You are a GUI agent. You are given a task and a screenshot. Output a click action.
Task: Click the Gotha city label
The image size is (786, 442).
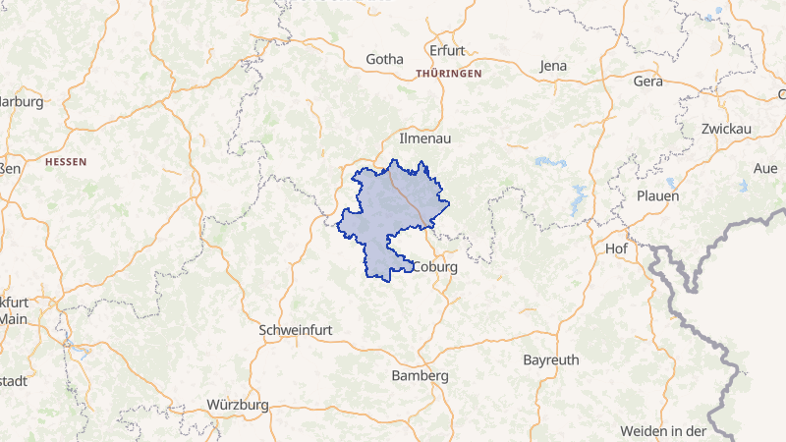point(384,59)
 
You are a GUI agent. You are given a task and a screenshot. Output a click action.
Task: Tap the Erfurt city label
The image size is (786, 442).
point(447,50)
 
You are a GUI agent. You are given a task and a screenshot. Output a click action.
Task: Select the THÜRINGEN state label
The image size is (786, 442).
point(448,74)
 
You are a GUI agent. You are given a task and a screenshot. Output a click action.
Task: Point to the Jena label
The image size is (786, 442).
point(554,66)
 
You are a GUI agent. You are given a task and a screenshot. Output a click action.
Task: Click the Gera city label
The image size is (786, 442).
point(648,81)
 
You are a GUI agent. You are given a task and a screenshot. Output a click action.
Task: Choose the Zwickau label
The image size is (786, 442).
point(726,129)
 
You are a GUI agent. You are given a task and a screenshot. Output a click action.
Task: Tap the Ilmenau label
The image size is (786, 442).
point(424,138)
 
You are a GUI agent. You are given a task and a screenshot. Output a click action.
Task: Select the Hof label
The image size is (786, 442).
point(617,248)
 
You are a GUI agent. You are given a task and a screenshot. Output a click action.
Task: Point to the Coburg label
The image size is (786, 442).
point(436,266)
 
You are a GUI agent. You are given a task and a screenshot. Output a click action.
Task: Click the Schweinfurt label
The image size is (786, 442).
point(295,330)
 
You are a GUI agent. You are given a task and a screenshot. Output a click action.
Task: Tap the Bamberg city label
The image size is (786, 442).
point(420,375)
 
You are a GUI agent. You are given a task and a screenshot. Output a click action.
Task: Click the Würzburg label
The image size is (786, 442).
point(238,404)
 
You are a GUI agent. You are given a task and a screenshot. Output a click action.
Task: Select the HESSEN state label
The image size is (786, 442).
point(66,161)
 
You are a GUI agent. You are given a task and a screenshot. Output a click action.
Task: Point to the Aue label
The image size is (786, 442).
point(764,168)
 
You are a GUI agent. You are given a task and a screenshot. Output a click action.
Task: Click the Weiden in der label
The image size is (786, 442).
point(663,431)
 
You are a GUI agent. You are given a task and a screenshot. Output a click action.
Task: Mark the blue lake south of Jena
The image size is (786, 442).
point(543,161)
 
